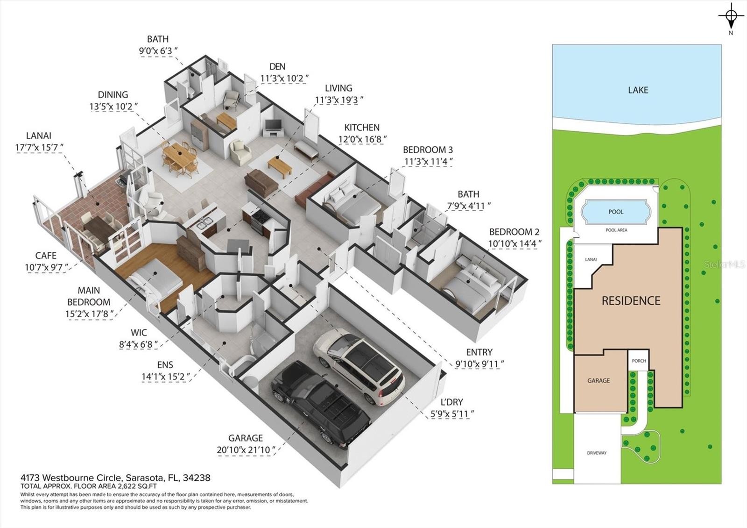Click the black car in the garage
coord(320,404)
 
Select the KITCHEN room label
coord(362,128)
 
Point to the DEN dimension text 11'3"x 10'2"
coord(284,78)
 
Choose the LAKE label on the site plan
coord(638,90)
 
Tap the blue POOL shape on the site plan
coord(616,212)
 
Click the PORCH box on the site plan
coord(639,360)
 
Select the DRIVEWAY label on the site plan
coord(597,453)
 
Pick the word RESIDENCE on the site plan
coord(631,301)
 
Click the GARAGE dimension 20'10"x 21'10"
coord(246,450)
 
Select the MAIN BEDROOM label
coord(89,296)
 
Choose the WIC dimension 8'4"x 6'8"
coord(138,344)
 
